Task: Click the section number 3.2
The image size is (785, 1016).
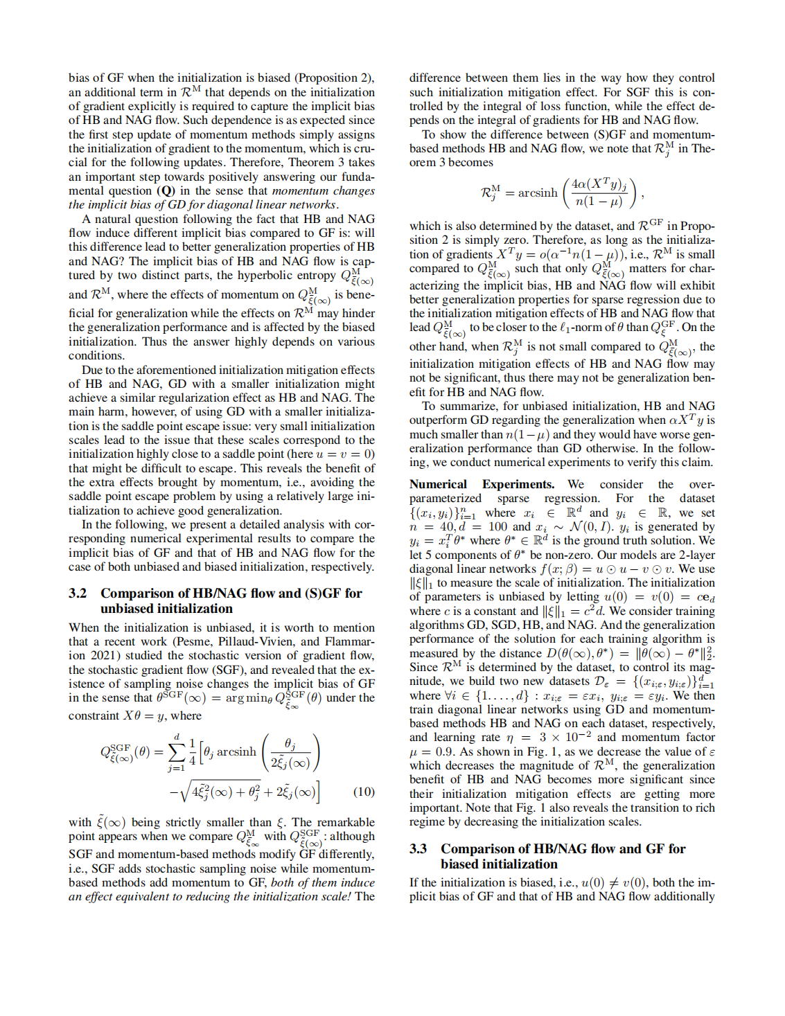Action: [x=78, y=594]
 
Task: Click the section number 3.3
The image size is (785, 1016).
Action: [x=418, y=849]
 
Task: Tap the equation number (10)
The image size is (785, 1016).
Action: [x=364, y=792]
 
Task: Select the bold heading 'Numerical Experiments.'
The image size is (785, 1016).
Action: [x=482, y=484]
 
